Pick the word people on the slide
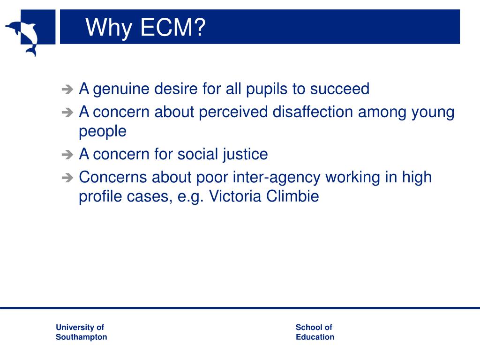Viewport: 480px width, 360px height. pyautogui.click(x=102, y=132)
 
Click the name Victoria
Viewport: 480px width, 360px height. pyautogui.click(x=235, y=196)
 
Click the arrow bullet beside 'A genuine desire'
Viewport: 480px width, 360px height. pyautogui.click(x=67, y=89)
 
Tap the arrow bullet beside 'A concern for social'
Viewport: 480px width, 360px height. pyautogui.click(x=67, y=155)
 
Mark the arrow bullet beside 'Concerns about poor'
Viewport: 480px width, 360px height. pyautogui.click(x=67, y=178)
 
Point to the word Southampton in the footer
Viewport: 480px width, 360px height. pyautogui.click(x=81, y=337)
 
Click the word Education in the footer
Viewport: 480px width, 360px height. pyautogui.click(x=315, y=337)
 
